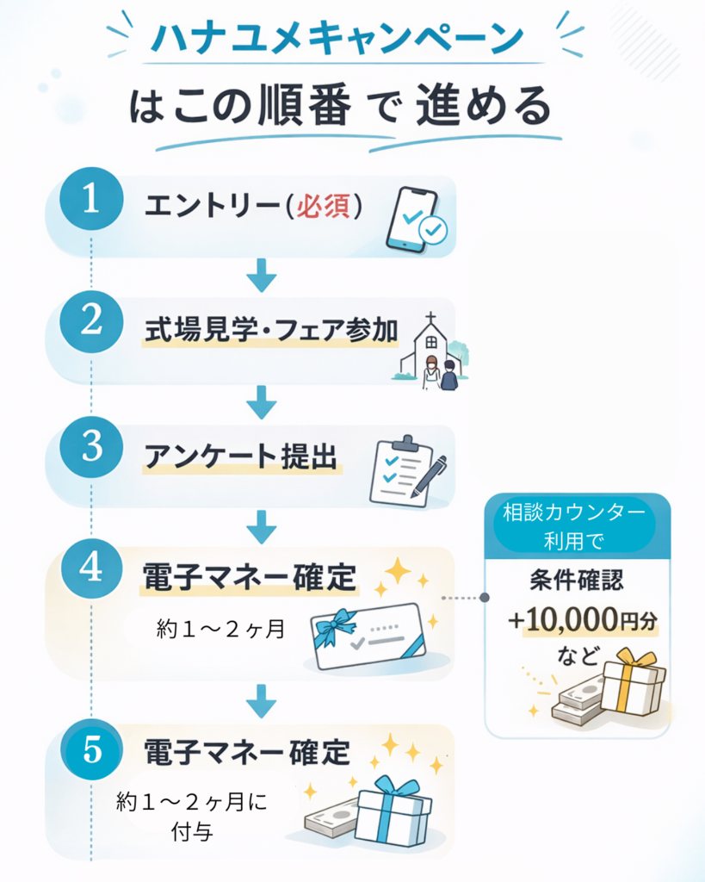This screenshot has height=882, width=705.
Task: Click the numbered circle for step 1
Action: (x=91, y=199)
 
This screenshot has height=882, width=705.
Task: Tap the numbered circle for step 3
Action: (x=91, y=447)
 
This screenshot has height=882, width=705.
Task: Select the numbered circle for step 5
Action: (x=91, y=749)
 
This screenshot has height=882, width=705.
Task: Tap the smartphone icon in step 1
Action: (x=415, y=220)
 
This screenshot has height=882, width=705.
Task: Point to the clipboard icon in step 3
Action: (x=401, y=471)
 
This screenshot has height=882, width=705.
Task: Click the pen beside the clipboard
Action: (x=430, y=475)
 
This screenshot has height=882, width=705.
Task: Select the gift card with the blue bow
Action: (x=368, y=637)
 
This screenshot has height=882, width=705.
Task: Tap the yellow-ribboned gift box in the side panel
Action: (x=633, y=681)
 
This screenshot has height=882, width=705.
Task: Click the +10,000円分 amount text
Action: (x=583, y=620)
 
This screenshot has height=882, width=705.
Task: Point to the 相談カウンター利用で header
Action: (x=574, y=526)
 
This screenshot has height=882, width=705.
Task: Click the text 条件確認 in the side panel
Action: (x=576, y=580)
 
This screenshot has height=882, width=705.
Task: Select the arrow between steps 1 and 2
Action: (x=262, y=276)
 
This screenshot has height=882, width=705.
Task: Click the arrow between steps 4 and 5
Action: (x=262, y=701)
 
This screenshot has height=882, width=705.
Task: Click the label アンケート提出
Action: (x=241, y=457)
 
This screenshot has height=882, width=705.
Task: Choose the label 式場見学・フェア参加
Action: (x=271, y=330)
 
